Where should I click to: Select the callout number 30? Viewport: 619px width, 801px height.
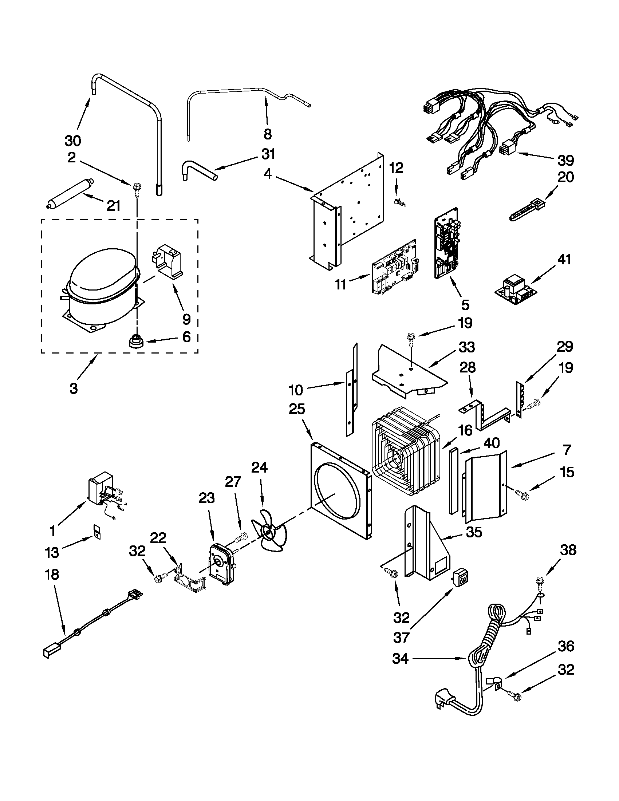72,141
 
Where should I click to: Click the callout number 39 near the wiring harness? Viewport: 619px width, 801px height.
565,160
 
